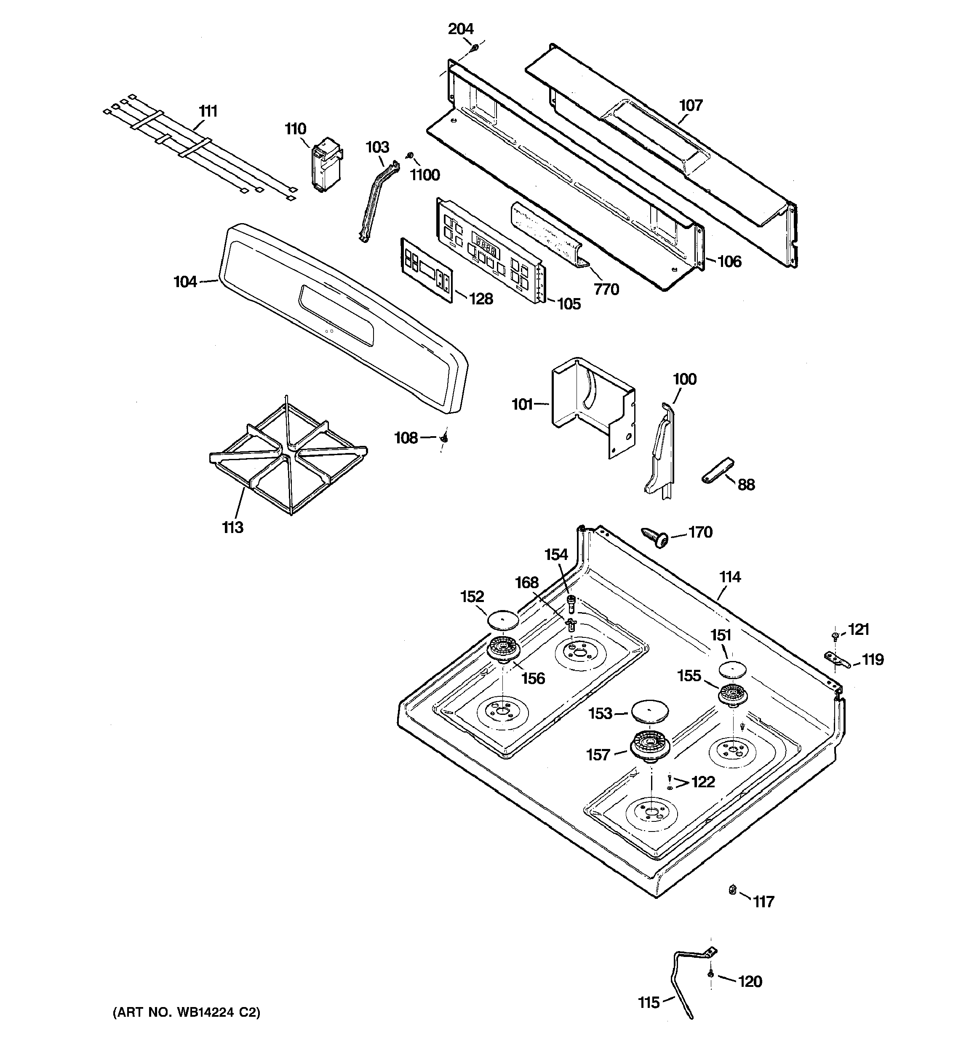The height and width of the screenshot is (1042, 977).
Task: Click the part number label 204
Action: pyautogui.click(x=460, y=29)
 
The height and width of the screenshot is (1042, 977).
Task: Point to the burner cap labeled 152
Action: pyautogui.click(x=503, y=620)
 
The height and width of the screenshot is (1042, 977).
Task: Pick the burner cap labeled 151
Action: pyautogui.click(x=732, y=669)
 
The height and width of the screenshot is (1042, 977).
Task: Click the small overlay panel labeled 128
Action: pyautogui.click(x=426, y=269)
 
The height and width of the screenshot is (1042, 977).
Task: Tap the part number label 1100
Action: pyautogui.click(x=425, y=175)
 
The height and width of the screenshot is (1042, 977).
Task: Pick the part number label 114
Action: pyautogui.click(x=729, y=577)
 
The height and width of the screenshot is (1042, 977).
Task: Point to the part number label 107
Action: pyautogui.click(x=691, y=105)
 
